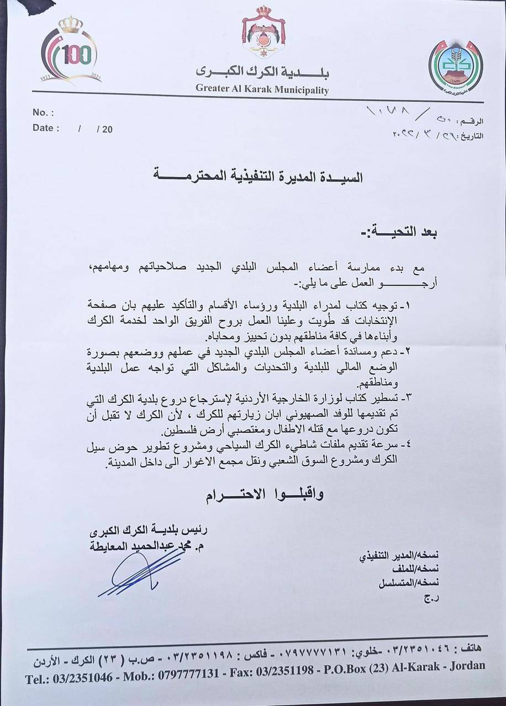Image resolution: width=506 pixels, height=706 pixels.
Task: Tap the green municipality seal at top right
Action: (455, 66)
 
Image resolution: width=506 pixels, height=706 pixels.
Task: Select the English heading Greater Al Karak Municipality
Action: (262, 90)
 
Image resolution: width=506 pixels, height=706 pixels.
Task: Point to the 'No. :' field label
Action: (43, 113)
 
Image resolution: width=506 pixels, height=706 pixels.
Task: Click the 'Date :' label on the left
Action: (46, 128)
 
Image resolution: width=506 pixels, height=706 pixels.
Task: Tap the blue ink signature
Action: (141, 574)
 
